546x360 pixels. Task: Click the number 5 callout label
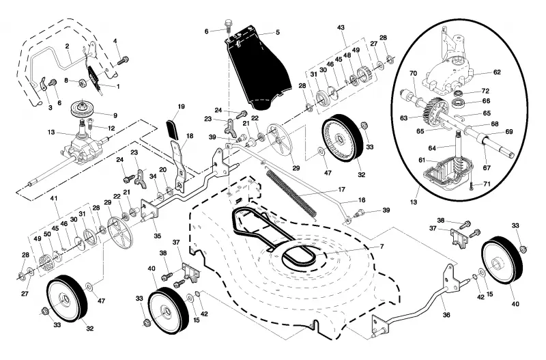278,32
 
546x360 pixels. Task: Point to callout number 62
497,72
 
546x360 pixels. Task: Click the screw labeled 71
472,184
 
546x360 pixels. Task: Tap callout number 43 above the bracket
341,27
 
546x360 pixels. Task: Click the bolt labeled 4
123,60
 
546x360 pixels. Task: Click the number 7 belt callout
382,247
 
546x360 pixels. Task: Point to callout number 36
446,315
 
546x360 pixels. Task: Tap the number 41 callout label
53,198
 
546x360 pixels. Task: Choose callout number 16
362,200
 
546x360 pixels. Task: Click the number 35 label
158,236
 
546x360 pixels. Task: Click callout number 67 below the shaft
487,167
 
